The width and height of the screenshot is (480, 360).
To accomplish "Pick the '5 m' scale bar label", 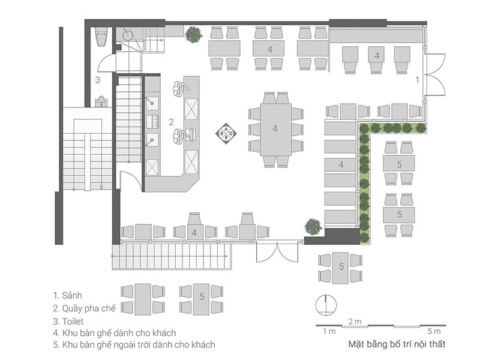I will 434,331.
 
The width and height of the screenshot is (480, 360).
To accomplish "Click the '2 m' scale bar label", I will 355,322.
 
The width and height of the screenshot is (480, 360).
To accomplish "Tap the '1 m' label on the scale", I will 329,331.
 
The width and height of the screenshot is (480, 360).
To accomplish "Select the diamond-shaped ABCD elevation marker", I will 226,133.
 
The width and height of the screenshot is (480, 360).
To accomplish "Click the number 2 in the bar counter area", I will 171,122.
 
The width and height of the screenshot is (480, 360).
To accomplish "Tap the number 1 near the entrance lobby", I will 418,79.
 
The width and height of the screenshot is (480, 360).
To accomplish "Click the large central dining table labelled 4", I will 275,128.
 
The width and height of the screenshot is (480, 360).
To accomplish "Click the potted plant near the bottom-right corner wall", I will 313,226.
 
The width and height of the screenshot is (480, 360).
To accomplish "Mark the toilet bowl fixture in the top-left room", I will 100,39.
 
